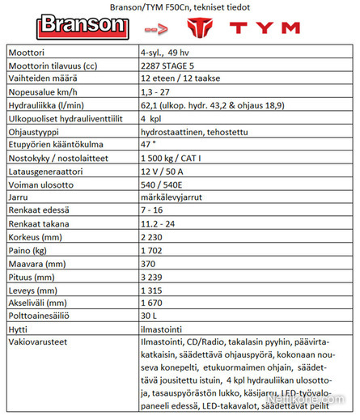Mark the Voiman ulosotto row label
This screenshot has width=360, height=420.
click(x=40, y=194)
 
